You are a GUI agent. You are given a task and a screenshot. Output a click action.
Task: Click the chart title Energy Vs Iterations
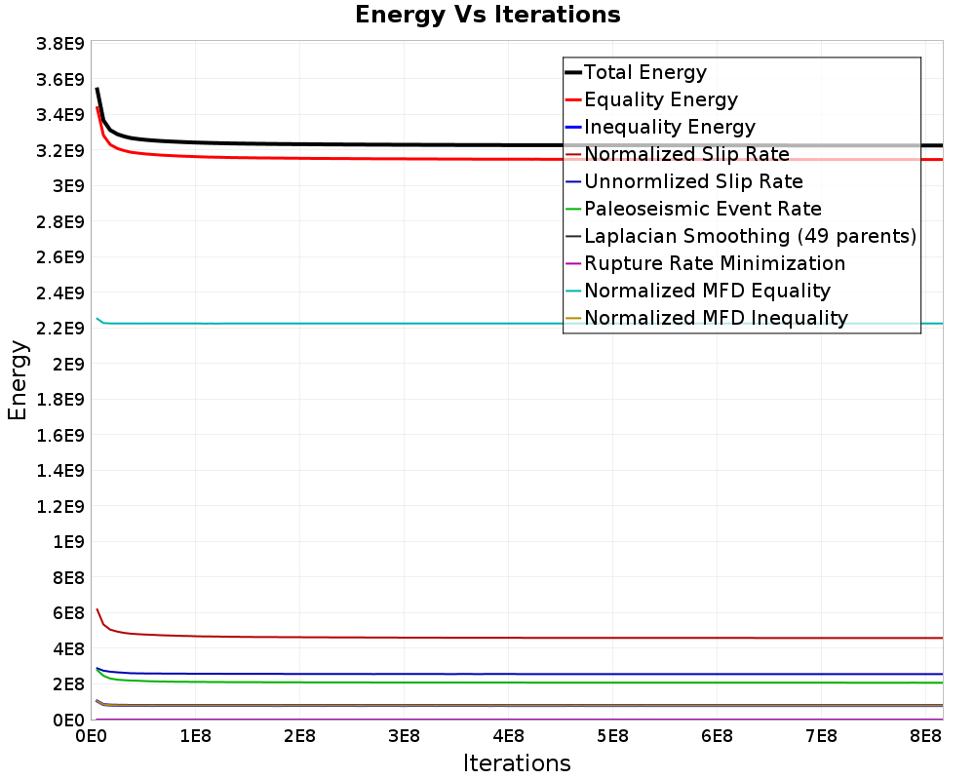[x=487, y=15]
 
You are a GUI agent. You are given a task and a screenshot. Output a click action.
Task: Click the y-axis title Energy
[x=17, y=380]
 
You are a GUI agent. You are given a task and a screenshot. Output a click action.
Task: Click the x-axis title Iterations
[x=517, y=762]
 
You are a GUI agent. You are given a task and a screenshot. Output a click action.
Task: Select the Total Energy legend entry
[x=644, y=72]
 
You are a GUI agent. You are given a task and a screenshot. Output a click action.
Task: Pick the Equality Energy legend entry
[x=660, y=99]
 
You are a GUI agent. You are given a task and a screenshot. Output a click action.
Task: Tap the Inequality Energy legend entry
[x=669, y=127]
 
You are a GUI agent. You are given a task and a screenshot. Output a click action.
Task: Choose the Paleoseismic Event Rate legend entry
[x=702, y=209]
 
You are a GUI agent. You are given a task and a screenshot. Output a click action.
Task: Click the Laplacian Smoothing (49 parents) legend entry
[x=750, y=236]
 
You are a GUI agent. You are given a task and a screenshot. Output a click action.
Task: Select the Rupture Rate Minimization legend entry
[x=714, y=263]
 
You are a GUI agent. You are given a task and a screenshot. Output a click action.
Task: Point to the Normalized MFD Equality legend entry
[x=707, y=291]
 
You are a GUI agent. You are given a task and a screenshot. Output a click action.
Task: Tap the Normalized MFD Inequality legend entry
[x=716, y=318]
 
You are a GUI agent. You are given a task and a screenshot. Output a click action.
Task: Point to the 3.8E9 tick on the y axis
[x=60, y=44]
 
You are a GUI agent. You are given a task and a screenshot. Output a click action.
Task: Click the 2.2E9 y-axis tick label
[x=60, y=328]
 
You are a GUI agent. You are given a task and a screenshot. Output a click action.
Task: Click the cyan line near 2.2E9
[x=390, y=323]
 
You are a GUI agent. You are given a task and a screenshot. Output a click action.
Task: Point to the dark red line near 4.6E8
[x=390, y=638]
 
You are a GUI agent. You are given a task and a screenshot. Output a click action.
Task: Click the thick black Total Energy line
[x=390, y=144]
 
